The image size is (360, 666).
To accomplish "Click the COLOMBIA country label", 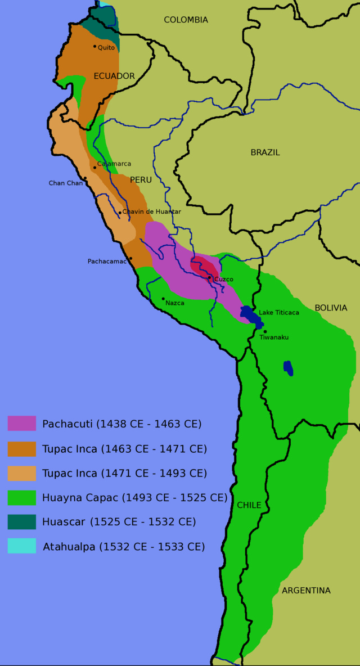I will coord(186,20).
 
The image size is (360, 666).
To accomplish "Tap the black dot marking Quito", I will coord(94,46).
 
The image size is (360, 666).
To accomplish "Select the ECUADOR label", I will coord(114,76).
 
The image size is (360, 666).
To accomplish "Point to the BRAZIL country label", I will coord(265,152).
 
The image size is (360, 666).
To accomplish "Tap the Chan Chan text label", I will coord(65,183).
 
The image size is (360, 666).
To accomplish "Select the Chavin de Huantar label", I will coord(151,211).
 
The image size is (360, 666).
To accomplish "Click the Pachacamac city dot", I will coord(130,259).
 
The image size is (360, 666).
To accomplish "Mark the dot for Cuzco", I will coord(209,277).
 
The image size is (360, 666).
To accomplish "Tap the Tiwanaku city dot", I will coord(265,331).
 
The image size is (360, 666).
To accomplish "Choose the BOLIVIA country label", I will coord(331,308).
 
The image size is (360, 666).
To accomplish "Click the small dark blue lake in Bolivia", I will coord(288,368).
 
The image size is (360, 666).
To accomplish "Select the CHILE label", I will coord(249,505).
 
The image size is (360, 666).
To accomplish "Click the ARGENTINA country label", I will coord(306,590).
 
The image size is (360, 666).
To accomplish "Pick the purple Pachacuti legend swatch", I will coord(21,424).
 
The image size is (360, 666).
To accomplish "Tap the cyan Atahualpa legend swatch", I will coord(21,546).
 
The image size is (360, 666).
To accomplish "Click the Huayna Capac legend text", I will coord(134,497).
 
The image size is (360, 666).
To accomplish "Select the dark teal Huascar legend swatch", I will coord(21,521).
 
